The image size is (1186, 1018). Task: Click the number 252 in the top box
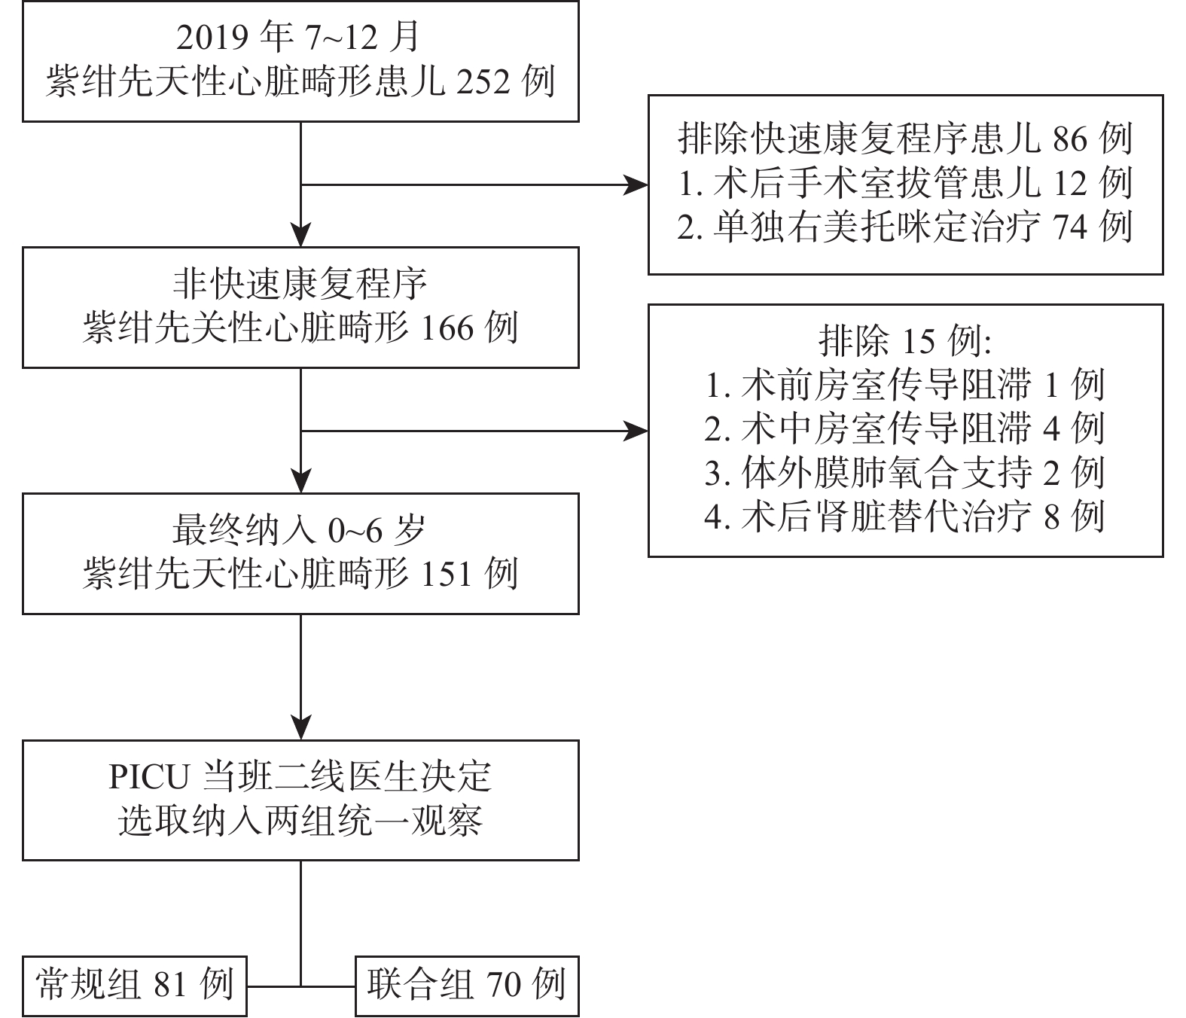click(x=483, y=82)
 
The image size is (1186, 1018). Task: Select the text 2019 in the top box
click(x=212, y=38)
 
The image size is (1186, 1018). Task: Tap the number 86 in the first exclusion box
click(x=1070, y=139)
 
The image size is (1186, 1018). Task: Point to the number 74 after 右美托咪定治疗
click(x=1070, y=227)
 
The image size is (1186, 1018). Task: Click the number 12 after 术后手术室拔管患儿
click(x=1070, y=184)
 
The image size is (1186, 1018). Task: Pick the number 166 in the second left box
click(x=447, y=328)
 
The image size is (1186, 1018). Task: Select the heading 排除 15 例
click(x=905, y=341)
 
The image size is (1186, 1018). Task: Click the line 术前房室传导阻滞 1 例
click(x=905, y=385)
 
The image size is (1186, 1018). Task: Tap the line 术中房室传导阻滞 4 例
click(x=905, y=428)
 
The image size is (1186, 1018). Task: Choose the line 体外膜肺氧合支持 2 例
click(x=905, y=473)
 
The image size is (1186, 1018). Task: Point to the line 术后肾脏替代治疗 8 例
click(x=905, y=517)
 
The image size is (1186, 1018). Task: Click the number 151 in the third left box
click(x=447, y=575)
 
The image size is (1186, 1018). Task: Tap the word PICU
click(x=149, y=778)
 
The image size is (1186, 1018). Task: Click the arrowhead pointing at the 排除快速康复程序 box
click(x=636, y=184)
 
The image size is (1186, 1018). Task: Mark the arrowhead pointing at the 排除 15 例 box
click(x=636, y=431)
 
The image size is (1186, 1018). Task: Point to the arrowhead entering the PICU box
click(x=300, y=727)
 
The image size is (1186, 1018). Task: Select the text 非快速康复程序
click(x=300, y=285)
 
